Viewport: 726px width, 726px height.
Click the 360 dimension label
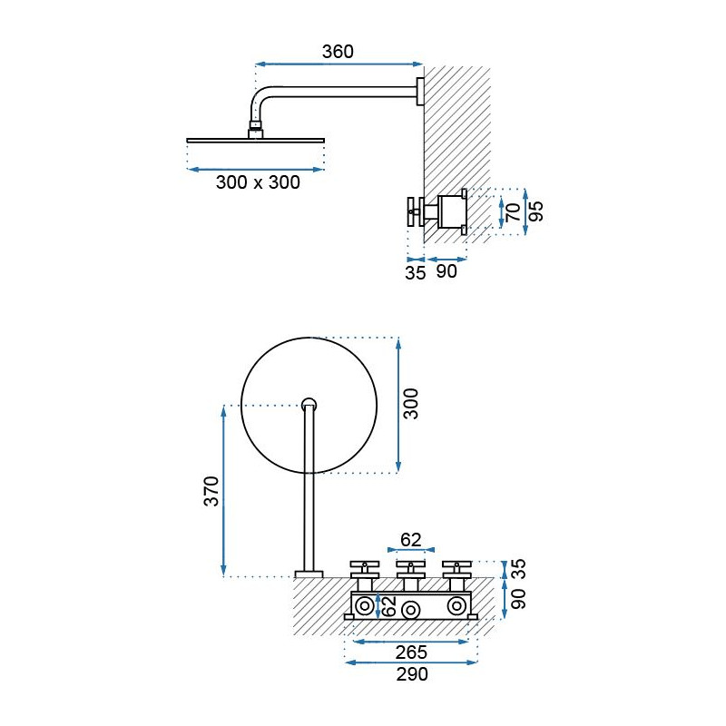(x=338, y=52)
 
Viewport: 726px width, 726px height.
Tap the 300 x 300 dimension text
(x=258, y=182)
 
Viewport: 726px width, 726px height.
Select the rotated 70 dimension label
(x=513, y=212)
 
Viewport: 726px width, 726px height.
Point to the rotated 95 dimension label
(x=535, y=211)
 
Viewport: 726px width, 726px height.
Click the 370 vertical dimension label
(x=211, y=491)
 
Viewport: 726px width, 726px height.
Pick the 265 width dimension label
(x=411, y=652)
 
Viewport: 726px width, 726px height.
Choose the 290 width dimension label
(x=412, y=674)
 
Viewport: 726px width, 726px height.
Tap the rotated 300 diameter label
(x=410, y=404)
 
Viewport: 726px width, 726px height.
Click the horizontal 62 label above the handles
(x=411, y=540)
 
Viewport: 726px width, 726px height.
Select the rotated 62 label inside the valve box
(x=390, y=605)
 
